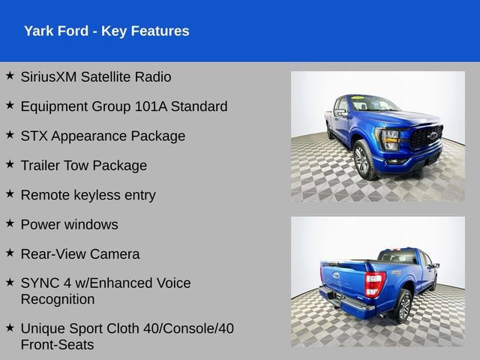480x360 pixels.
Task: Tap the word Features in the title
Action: point(159,31)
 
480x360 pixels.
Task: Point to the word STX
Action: point(34,136)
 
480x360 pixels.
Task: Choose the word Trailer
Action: point(42,166)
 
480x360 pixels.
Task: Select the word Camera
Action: point(114,254)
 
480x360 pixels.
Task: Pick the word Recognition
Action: point(58,299)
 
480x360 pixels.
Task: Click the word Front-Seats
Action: point(58,344)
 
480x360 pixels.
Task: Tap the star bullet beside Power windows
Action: point(10,223)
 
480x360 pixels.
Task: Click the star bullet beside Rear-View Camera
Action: point(10,253)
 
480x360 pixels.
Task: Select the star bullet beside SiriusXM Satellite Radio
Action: point(10,76)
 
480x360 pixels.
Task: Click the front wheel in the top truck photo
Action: point(363,160)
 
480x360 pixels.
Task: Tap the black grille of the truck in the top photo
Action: point(425,137)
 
